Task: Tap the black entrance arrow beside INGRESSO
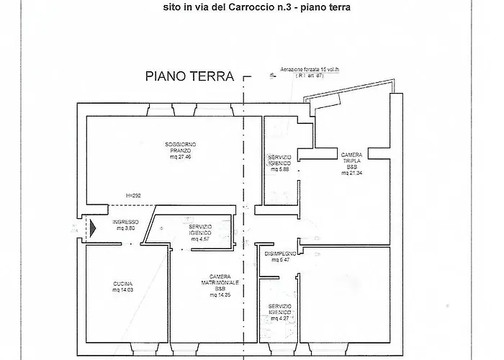pyautogui.click(x=91, y=228)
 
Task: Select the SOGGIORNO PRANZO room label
pyautogui.click(x=178, y=148)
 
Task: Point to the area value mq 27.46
pyautogui.click(x=178, y=156)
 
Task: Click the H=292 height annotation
pyautogui.click(x=134, y=196)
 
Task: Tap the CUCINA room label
pyautogui.click(x=122, y=283)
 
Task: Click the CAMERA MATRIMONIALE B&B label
pyautogui.click(x=220, y=283)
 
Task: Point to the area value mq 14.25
pyautogui.click(x=220, y=295)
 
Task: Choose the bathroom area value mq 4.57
pyautogui.click(x=195, y=238)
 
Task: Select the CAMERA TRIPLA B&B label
pyautogui.click(x=351, y=161)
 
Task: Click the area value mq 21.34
pyautogui.click(x=351, y=174)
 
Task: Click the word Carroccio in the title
pyautogui.click(x=271, y=9)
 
